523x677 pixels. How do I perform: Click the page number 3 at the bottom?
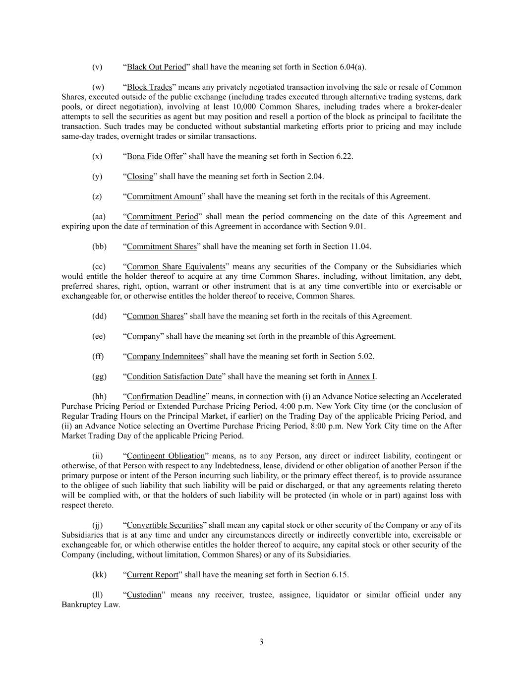[x=261, y=642]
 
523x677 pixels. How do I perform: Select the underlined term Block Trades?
[x=149, y=87]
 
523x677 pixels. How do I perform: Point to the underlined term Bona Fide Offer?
[x=155, y=156]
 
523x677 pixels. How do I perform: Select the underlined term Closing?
[x=140, y=176]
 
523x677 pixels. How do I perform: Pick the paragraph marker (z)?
[x=97, y=196]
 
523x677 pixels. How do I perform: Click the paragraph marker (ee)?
[x=99, y=336]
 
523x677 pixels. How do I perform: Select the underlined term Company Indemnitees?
[x=165, y=356]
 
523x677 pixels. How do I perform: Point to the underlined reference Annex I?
[x=361, y=376]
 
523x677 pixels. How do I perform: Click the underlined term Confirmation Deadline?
[x=166, y=396]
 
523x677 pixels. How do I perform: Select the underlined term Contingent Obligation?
[x=166, y=456]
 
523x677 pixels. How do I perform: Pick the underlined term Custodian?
[x=144, y=595]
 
